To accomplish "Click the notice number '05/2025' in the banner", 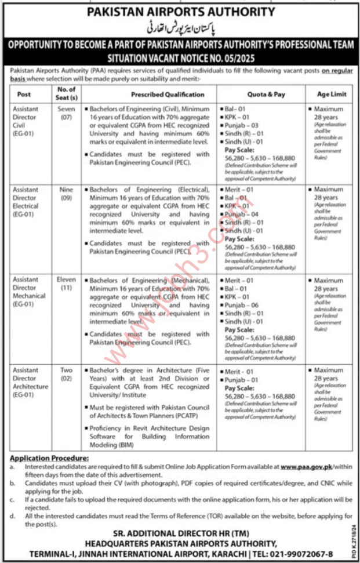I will [x=240, y=59].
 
